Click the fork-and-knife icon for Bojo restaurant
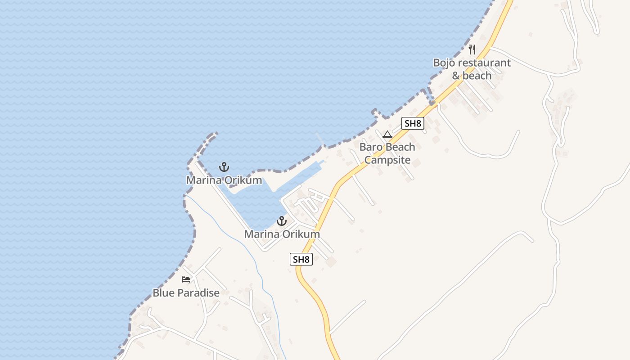click(x=472, y=49)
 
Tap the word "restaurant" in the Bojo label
click(x=484, y=63)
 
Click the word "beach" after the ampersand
click(x=477, y=76)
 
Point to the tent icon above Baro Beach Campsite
click(x=387, y=134)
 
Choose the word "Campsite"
click(x=387, y=160)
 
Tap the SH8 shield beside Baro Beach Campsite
click(x=413, y=123)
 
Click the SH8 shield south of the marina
click(x=301, y=259)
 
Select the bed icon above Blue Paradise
click(x=186, y=279)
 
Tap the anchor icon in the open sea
click(x=224, y=167)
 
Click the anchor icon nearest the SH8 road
click(x=282, y=221)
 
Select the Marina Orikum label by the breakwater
click(x=224, y=180)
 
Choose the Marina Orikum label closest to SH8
click(x=282, y=234)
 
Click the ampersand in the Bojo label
click(x=456, y=76)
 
